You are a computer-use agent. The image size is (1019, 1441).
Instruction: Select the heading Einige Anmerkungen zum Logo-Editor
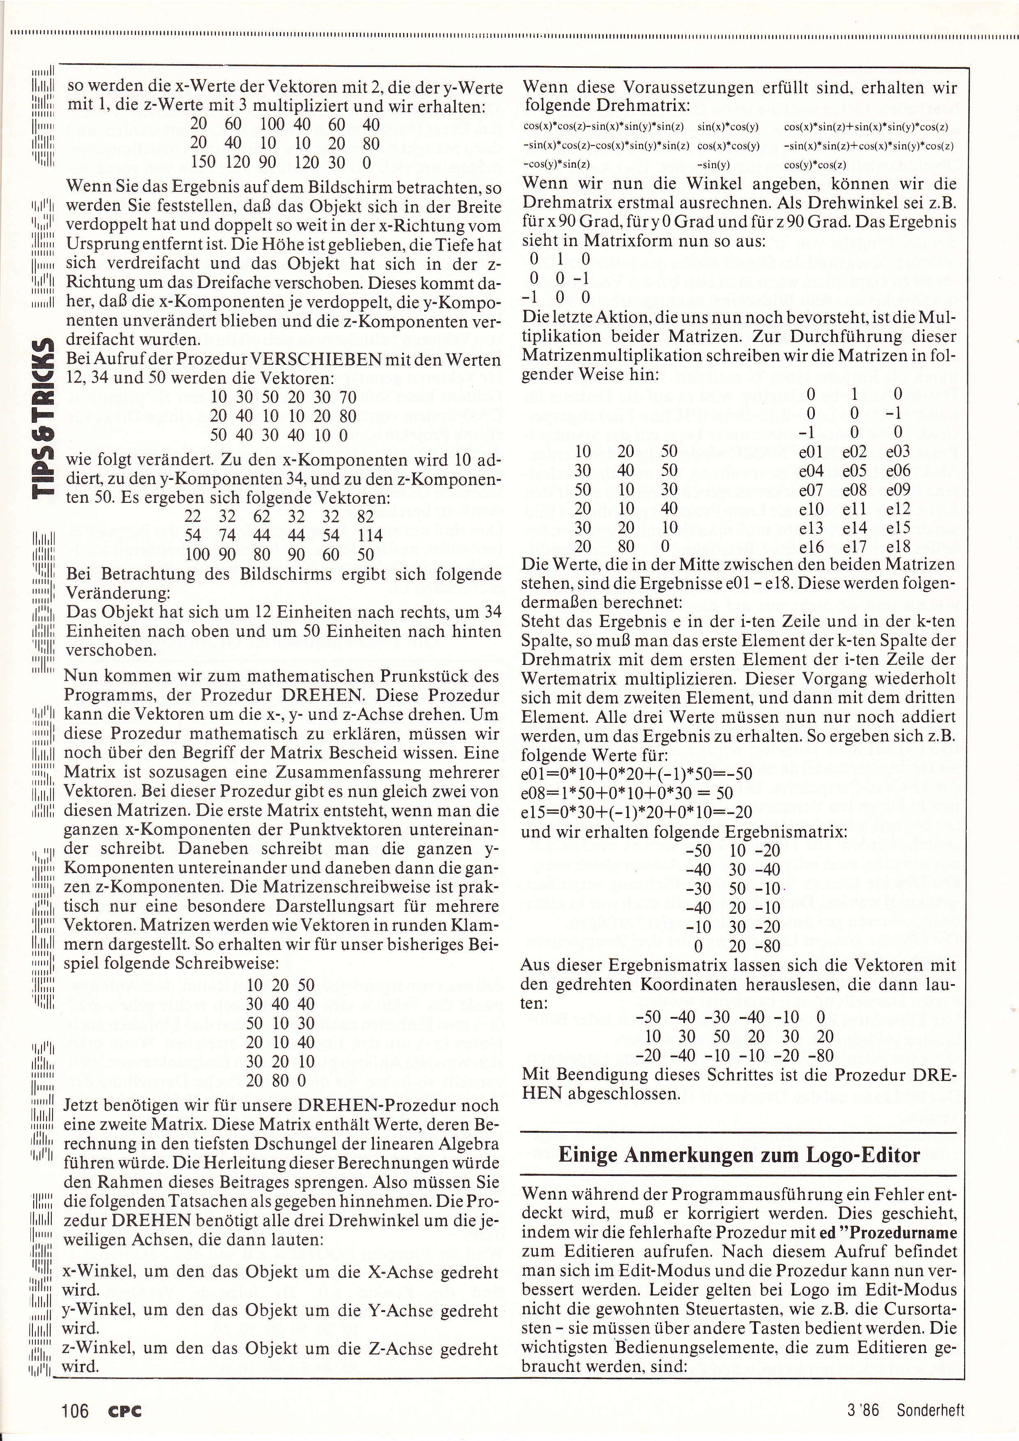tap(739, 1155)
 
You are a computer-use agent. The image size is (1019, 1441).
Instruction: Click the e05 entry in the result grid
tap(854, 470)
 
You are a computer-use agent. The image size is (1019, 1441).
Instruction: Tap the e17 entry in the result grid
tap(854, 546)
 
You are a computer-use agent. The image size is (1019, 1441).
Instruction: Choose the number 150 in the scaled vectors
tap(202, 163)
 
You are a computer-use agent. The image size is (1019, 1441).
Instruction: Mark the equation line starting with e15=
tap(636, 812)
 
